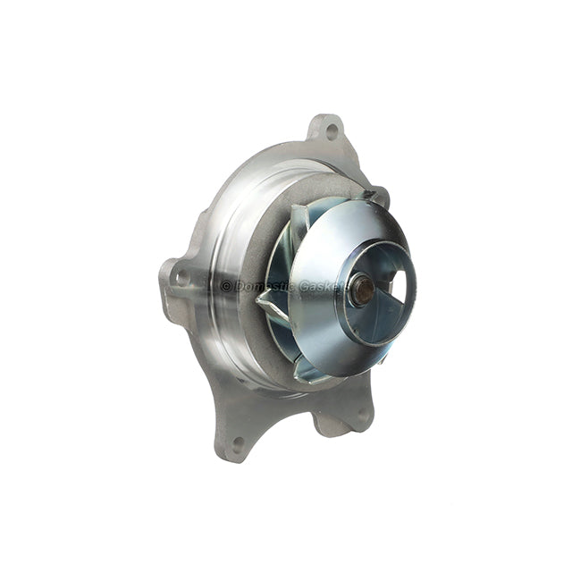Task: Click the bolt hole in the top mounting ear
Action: (x=332, y=131)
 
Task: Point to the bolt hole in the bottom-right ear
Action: (x=362, y=415)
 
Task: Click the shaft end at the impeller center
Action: (x=364, y=290)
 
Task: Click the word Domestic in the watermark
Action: (x=264, y=287)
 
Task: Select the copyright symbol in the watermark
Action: (x=226, y=287)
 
